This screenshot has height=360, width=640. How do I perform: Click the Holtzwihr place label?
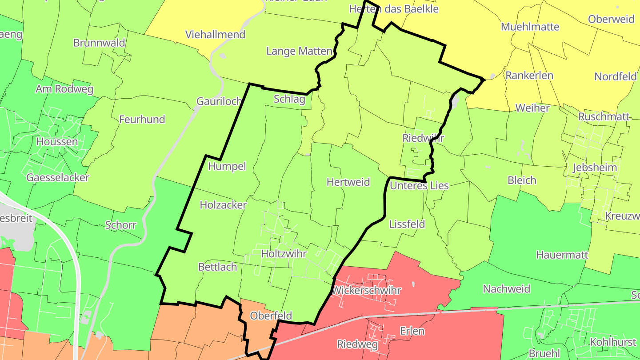(284, 254)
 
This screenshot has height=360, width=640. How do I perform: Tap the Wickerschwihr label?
(367, 291)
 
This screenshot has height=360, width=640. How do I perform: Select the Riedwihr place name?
(423, 138)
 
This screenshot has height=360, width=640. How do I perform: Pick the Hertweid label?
(348, 182)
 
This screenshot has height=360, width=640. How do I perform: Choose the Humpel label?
(227, 166)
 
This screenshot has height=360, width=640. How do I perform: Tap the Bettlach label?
(217, 267)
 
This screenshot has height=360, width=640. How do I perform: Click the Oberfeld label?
(271, 316)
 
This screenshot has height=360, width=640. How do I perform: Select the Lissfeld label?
(407, 224)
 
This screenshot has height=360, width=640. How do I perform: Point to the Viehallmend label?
(215, 34)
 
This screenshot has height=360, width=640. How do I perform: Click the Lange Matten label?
(299, 51)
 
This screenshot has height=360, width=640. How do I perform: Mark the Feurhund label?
(142, 119)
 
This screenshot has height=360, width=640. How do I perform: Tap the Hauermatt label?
(562, 255)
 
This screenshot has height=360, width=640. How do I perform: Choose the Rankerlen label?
(529, 75)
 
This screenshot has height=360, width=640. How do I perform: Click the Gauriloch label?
(219, 101)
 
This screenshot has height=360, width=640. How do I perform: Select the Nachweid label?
(506, 289)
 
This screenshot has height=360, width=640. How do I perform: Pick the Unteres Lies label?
(419, 185)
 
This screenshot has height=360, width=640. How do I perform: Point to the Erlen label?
(412, 331)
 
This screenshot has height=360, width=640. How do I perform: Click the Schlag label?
(289, 99)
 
